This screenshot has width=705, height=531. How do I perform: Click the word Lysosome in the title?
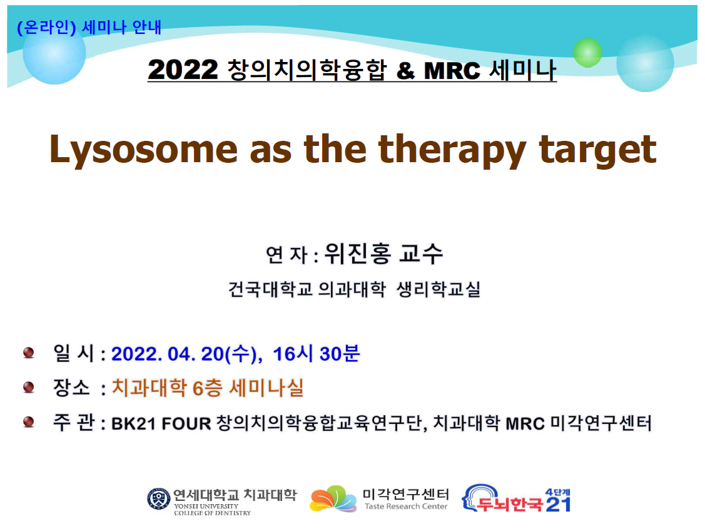pyautogui.click(x=143, y=150)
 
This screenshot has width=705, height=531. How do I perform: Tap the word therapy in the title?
pyautogui.click(x=452, y=150)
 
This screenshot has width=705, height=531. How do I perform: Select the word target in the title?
pyautogui.click(x=598, y=150)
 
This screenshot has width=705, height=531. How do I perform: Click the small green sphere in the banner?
pyautogui.click(x=587, y=53)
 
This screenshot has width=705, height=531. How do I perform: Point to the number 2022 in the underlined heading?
pyautogui.click(x=183, y=70)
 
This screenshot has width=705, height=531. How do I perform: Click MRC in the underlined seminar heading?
pyautogui.click(x=452, y=71)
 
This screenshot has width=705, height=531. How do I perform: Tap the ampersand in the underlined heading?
pyautogui.click(x=405, y=71)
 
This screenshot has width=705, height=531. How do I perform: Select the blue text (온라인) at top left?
pyautogui.click(x=46, y=28)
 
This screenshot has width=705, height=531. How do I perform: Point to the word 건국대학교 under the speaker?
pyautogui.click(x=270, y=289)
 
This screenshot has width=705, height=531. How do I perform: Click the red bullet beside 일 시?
pyautogui.click(x=29, y=353)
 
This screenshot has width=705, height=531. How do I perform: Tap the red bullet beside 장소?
pyautogui.click(x=29, y=387)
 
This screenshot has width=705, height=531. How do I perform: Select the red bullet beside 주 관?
pyautogui.click(x=29, y=422)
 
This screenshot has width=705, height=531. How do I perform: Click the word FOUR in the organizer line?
pyautogui.click(x=186, y=424)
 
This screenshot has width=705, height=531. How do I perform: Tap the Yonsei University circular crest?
pyautogui.click(x=159, y=498)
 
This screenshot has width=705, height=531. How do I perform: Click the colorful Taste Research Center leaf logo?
pyautogui.click(x=333, y=498)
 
